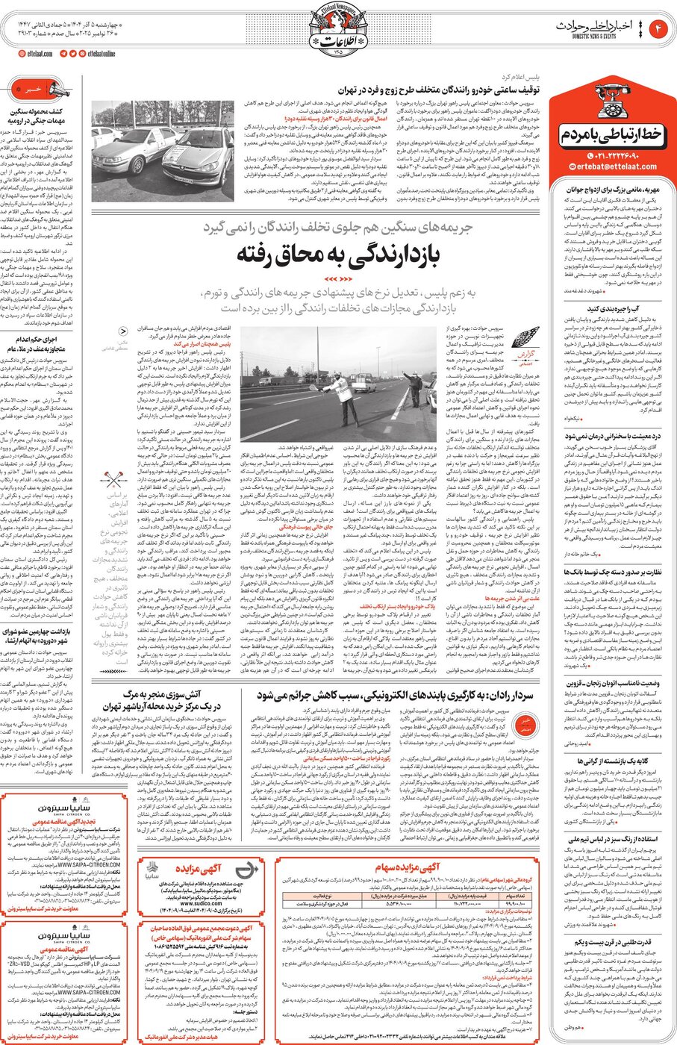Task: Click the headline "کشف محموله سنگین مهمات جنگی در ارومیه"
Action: click(37, 116)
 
